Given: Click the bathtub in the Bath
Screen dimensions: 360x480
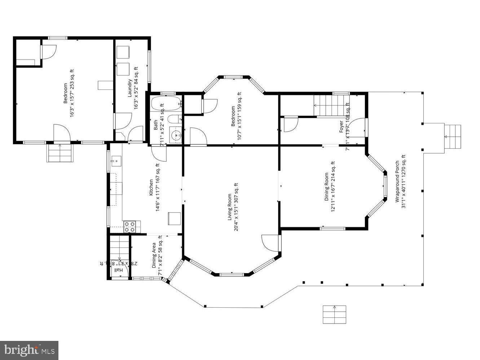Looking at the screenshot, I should [x=166, y=104].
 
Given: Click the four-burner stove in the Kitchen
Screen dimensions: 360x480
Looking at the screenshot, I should [x=130, y=227].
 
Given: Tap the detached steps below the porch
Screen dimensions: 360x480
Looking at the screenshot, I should [x=334, y=314].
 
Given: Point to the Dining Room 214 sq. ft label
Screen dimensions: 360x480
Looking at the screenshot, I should [x=330, y=187].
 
